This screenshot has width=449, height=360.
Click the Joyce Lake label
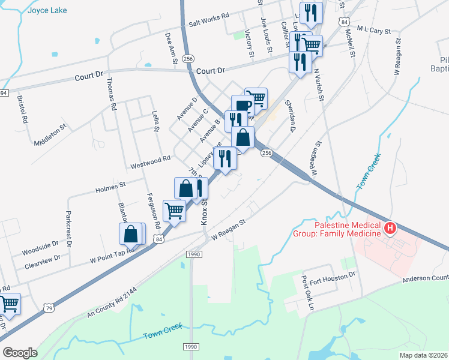tap(47, 10)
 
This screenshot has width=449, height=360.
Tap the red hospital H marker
tap(391, 228)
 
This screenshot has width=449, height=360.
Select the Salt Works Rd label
tap(209, 19)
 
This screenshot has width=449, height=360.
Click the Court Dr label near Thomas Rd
tap(89, 76)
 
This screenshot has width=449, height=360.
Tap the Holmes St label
tap(110, 188)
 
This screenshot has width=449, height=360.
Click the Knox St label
tap(203, 212)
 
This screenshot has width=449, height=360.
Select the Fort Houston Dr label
tap(333, 274)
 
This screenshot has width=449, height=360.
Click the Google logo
tap(20, 352)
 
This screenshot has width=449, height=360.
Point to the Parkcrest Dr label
tap(68, 229)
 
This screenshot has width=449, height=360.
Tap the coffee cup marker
tap(241, 104)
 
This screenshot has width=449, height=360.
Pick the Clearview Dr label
tap(43, 260)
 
